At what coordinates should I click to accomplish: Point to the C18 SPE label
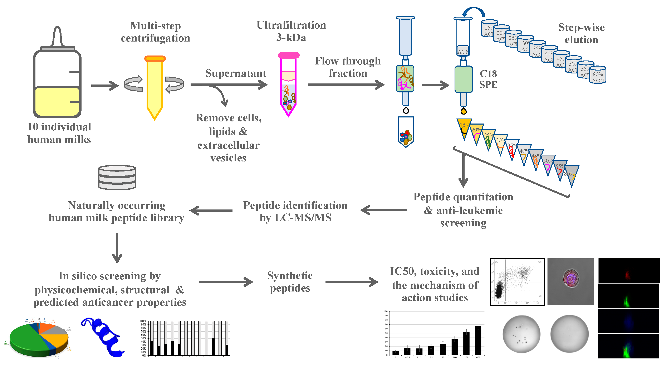click(488, 79)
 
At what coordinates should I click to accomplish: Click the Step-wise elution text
click(581, 34)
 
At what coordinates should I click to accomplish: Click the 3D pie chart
click(39, 339)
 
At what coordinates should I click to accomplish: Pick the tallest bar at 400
click(478, 340)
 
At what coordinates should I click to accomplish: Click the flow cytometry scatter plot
click(517, 282)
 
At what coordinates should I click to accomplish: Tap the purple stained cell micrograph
click(570, 281)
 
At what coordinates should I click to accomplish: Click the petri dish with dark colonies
click(521, 334)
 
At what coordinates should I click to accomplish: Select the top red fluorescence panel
click(628, 271)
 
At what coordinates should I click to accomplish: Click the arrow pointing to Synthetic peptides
click(226, 282)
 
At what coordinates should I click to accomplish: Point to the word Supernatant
click(236, 73)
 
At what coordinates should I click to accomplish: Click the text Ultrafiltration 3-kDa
click(291, 31)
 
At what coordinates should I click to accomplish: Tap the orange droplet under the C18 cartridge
click(464, 111)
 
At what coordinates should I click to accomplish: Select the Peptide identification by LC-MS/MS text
click(295, 211)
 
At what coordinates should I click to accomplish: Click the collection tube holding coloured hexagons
click(406, 132)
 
